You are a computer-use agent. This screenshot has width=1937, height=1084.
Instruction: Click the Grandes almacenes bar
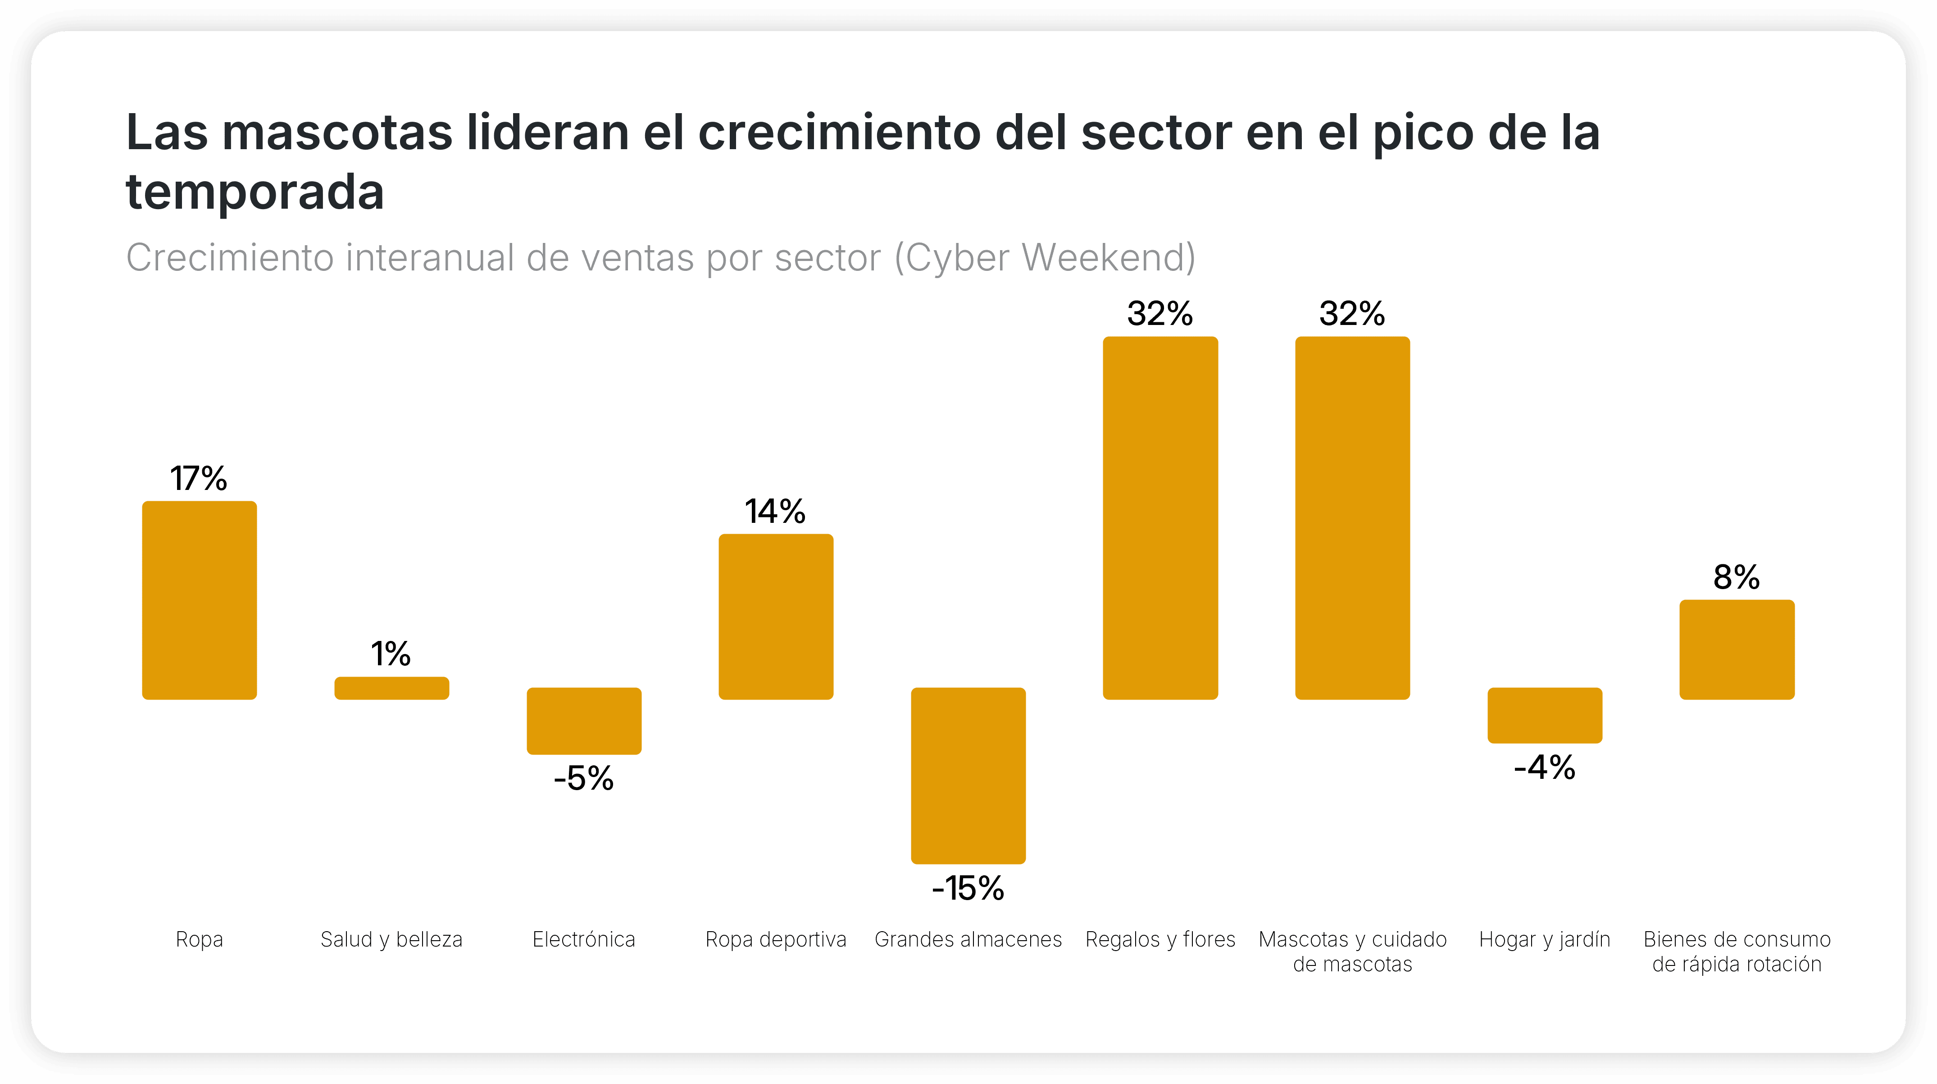pyautogui.click(x=968, y=775)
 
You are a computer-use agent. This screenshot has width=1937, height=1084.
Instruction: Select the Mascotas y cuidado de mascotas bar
pyautogui.click(x=1352, y=517)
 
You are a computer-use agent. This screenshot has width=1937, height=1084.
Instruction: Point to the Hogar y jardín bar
pyautogui.click(x=1545, y=715)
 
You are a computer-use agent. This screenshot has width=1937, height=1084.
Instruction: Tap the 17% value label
pyautogui.click(x=199, y=478)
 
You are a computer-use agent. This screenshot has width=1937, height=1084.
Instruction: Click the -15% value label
pyautogui.click(x=968, y=888)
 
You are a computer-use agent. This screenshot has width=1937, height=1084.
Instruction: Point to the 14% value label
pyautogui.click(x=775, y=512)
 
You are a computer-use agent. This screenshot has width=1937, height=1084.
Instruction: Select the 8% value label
pyautogui.click(x=1736, y=577)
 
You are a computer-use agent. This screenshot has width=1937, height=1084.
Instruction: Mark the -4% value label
pyautogui.click(x=1545, y=767)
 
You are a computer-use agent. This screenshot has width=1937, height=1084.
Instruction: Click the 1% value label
pyautogui.click(x=391, y=654)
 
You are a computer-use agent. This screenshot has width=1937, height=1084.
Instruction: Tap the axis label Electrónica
pyautogui.click(x=583, y=940)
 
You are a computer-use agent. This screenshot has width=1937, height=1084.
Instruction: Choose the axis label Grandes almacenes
pyautogui.click(x=968, y=940)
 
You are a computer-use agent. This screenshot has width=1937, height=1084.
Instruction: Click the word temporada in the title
pyautogui.click(x=255, y=192)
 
